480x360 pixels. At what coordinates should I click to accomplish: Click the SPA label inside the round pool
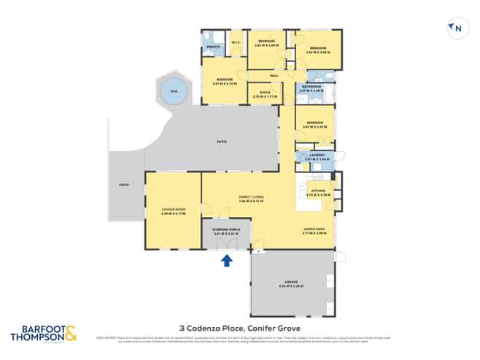tap(173, 91)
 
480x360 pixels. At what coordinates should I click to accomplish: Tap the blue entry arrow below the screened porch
tap(227, 258)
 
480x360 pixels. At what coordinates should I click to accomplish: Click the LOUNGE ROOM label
tap(172, 210)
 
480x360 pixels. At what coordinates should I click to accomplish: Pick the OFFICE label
tap(262, 93)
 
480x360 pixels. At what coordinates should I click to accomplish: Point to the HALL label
tap(274, 76)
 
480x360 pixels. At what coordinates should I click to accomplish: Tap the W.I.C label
tap(236, 42)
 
